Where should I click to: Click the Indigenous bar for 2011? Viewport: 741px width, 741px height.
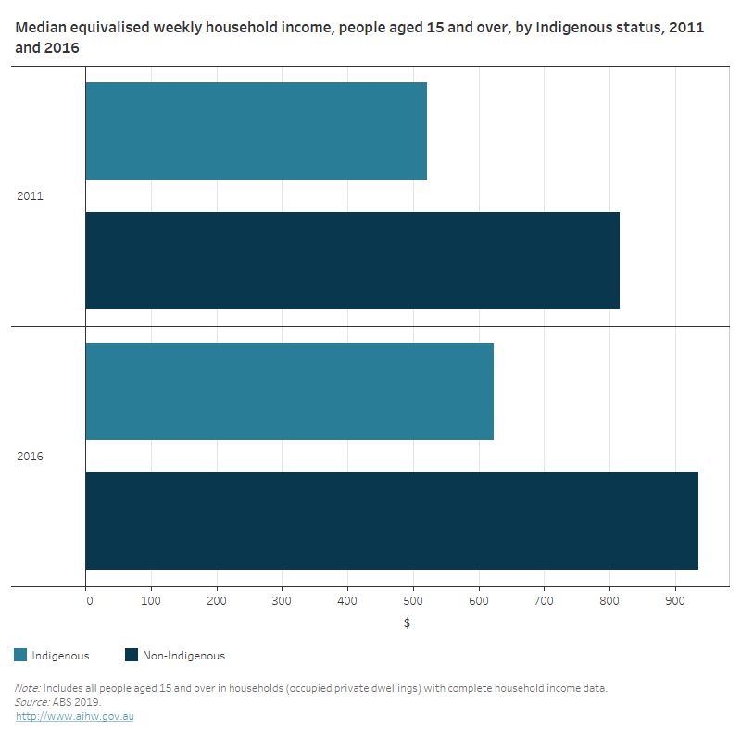coord(256,131)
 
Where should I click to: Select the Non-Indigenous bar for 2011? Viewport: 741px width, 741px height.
coord(352,260)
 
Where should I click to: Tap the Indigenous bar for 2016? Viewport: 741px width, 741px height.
coord(289,391)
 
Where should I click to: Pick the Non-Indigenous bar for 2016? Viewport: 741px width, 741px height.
coord(391,521)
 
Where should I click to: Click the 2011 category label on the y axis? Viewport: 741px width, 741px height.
coord(30,196)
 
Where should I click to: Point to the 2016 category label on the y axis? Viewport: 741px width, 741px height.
coord(30,457)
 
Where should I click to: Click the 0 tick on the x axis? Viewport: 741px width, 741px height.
coord(89,601)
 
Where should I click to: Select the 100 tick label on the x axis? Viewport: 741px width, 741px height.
coord(152,601)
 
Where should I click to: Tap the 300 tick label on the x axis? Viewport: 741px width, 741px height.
coord(283,601)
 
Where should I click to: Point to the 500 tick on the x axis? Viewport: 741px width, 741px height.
coord(413,601)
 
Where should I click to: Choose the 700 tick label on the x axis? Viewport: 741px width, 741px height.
coord(545,601)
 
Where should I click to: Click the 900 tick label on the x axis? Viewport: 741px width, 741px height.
coord(675,601)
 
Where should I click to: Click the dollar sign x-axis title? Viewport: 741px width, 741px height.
coord(407,622)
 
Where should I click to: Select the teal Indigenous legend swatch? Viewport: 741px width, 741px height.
coord(20,656)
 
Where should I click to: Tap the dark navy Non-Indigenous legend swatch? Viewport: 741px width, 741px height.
coord(132,656)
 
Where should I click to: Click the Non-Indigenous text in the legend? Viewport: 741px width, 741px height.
coord(183,656)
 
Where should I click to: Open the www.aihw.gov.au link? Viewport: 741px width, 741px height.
coord(75,716)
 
